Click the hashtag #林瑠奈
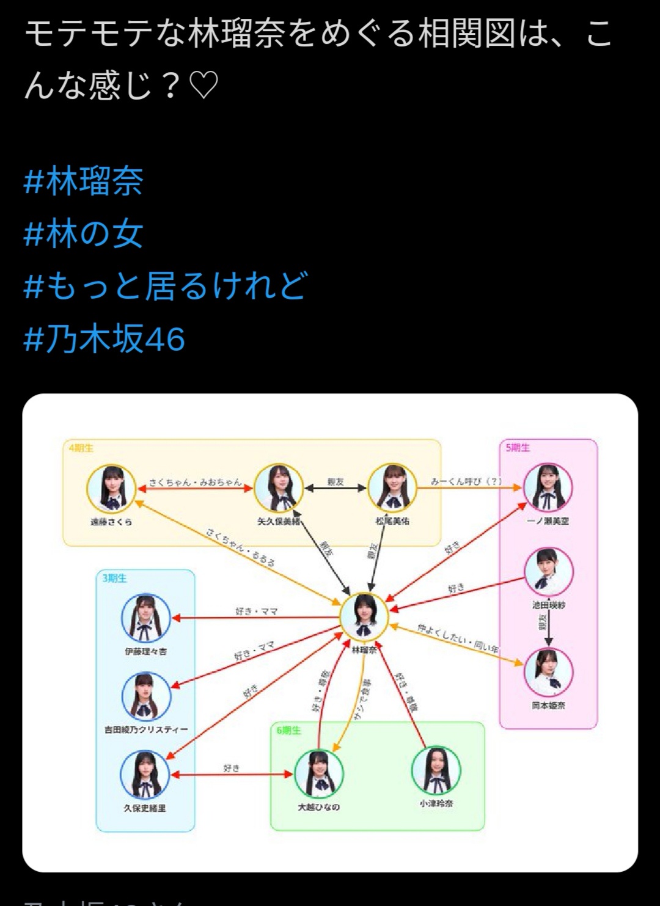(83, 181)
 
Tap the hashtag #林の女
(83, 233)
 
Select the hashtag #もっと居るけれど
(165, 286)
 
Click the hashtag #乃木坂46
(104, 338)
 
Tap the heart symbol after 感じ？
(204, 86)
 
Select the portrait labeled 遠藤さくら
(111, 489)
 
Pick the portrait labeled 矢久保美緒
(279, 488)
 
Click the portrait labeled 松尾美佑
(392, 488)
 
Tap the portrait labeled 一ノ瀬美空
(548, 488)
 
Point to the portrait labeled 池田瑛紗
(549, 572)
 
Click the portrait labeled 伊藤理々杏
(145, 618)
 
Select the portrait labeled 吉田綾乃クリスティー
(145, 696)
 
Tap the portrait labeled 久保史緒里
(145, 775)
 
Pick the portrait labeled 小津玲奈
(436, 770)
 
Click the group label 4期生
(81, 448)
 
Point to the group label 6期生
(288, 731)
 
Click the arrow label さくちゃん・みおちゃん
(196, 483)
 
